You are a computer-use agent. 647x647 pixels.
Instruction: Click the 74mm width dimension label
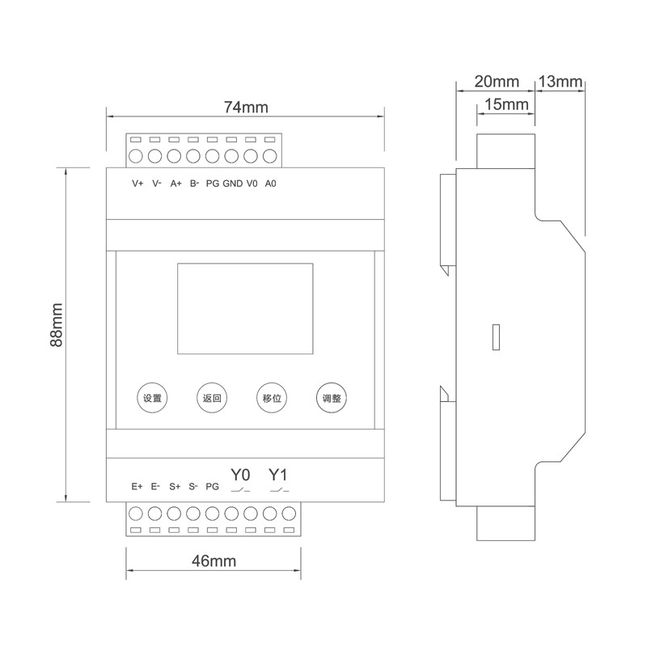pos(245,107)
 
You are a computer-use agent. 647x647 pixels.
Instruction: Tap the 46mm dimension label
pos(214,560)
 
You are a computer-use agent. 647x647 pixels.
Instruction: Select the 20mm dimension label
pos(496,82)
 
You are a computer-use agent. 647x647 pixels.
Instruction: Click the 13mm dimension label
pos(560,82)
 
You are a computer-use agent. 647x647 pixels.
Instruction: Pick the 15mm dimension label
pos(506,105)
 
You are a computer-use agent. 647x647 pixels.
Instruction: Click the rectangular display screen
pos(245,308)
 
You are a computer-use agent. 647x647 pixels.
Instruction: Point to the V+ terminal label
pos(137,184)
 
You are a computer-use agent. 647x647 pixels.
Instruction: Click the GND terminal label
pos(232,184)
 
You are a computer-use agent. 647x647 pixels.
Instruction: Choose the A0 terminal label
pos(271,184)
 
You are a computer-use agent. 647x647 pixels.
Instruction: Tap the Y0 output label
pos(240,474)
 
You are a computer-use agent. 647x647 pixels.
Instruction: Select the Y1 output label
pos(278,474)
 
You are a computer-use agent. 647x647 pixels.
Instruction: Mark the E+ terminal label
pos(137,487)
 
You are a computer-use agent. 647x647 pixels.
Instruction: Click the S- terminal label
pos(193,487)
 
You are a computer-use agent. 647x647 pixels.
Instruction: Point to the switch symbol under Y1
pos(279,490)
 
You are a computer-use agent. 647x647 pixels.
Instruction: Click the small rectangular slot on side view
pos(497,337)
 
